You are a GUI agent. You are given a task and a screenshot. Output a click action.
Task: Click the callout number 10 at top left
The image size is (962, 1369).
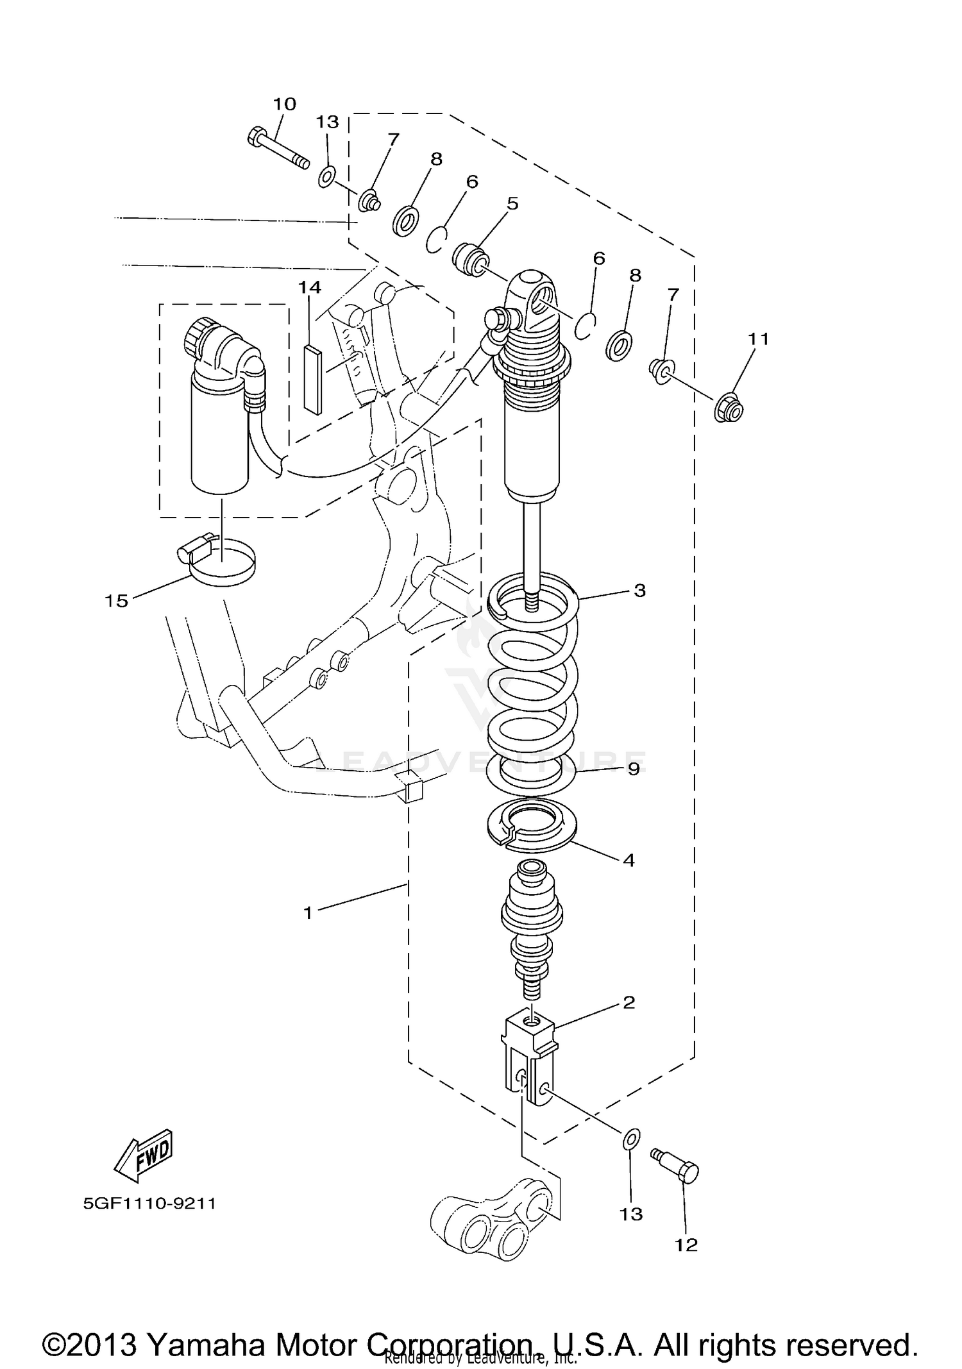coord(285,104)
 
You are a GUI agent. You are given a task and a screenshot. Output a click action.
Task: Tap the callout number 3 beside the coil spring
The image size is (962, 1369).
coord(639,590)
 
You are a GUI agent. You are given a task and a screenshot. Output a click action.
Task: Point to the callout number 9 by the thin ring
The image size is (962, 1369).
coord(634,768)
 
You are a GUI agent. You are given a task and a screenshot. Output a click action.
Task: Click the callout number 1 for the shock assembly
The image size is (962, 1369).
coord(308,912)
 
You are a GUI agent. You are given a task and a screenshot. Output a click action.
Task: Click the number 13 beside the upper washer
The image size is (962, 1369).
coord(327,121)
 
